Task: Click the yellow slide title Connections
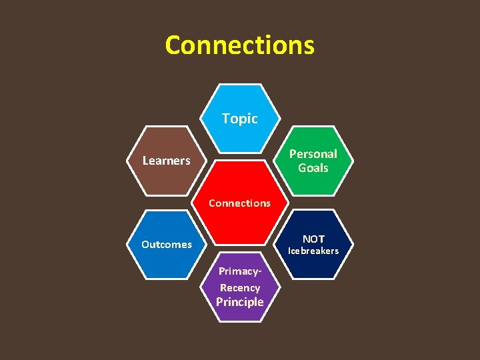tap(239, 45)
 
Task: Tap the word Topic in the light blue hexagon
tap(239, 119)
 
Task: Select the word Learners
tap(166, 161)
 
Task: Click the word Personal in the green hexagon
tap(313, 153)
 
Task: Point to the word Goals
tap(313, 168)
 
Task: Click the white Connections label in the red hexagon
tap(239, 203)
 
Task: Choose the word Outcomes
tap(166, 245)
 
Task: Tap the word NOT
tap(313, 239)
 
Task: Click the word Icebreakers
tap(313, 251)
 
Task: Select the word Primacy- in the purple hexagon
tap(239, 272)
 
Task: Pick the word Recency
tap(239, 288)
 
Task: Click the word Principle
tap(239, 302)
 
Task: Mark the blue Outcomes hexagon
tap(166, 263)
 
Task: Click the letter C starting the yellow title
tap(173, 45)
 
